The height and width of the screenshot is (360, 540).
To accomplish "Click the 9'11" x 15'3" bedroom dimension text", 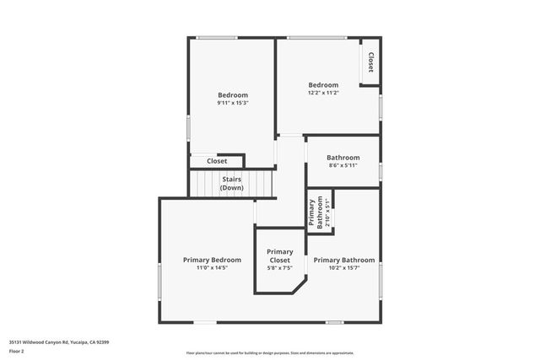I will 233,103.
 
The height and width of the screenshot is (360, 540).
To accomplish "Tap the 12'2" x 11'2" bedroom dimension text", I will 323,94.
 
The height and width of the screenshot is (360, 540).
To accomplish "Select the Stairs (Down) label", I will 232,183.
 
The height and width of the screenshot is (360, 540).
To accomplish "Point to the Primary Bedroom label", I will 212,260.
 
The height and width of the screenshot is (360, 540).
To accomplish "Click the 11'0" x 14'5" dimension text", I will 212,268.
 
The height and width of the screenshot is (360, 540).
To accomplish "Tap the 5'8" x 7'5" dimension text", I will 280,268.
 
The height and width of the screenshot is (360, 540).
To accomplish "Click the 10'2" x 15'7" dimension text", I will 344,268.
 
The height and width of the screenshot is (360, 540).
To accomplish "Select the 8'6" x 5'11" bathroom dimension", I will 343,165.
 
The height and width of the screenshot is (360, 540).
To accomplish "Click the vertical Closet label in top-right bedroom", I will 370,62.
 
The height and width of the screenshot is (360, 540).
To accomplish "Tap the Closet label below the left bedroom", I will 217,161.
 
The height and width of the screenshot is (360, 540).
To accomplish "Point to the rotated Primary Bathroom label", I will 315,212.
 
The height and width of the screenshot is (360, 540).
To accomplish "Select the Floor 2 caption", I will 17,350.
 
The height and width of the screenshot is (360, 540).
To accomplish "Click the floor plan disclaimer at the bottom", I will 270,353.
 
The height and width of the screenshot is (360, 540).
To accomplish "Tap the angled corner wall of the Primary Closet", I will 300,287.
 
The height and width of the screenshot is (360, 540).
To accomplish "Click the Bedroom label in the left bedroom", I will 233,94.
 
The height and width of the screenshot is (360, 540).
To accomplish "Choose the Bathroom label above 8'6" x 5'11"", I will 343,158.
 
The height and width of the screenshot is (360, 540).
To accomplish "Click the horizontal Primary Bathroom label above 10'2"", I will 344,260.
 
